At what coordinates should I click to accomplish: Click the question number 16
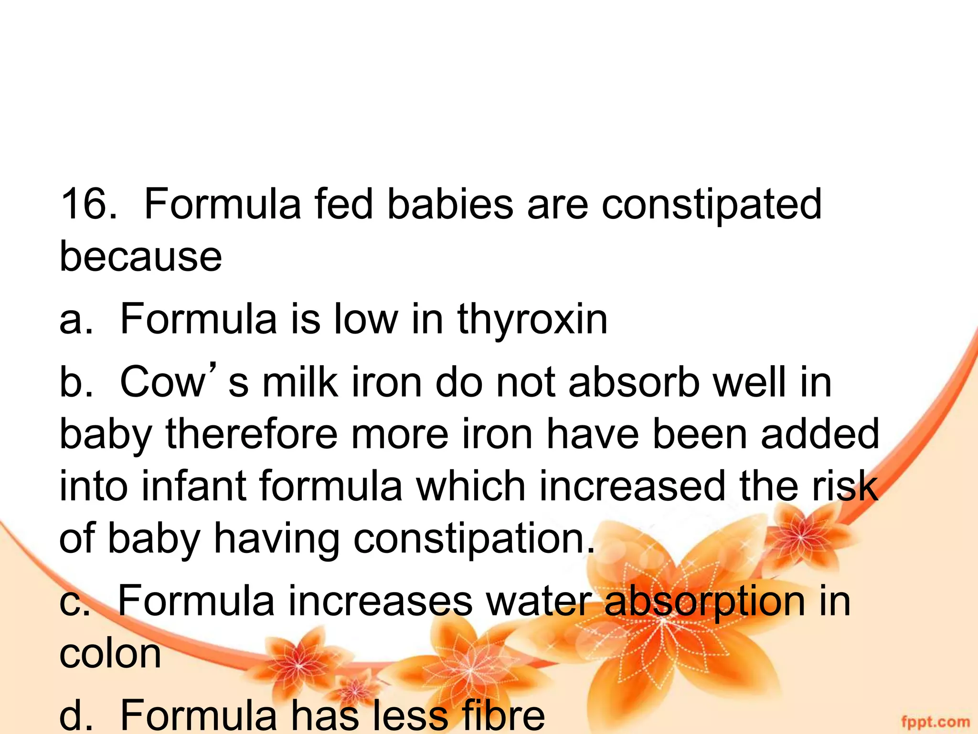(x=88, y=204)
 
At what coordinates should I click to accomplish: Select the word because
(x=140, y=257)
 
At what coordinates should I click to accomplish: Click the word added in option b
(x=819, y=434)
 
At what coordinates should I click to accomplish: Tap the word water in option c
(x=539, y=601)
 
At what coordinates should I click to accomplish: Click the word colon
(x=110, y=653)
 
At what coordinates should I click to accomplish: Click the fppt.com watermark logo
(x=935, y=721)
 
